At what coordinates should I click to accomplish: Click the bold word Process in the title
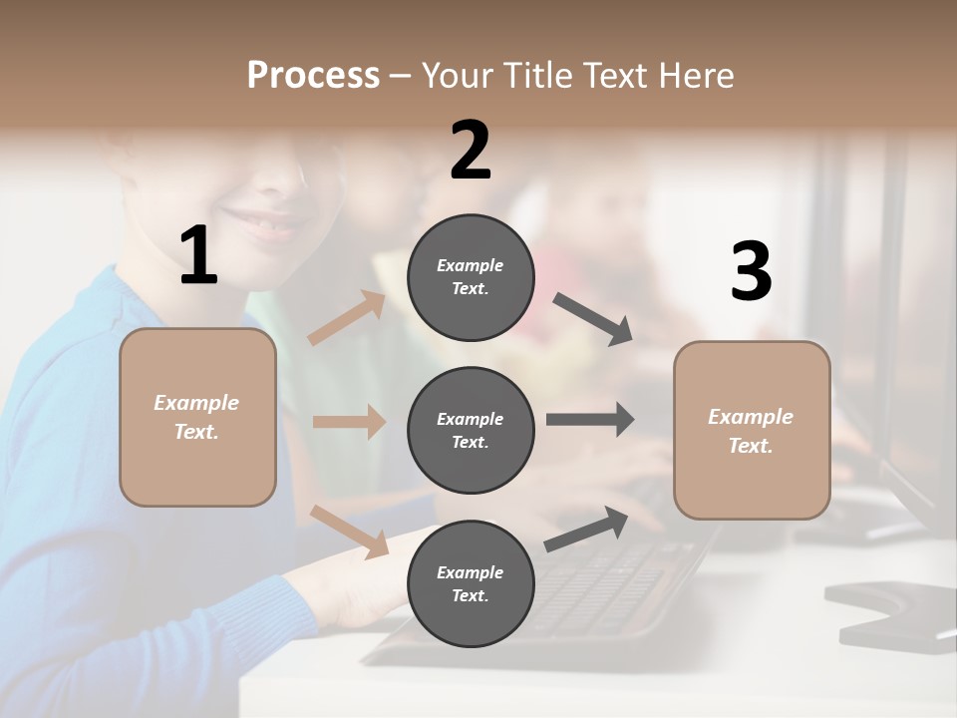pos(313,75)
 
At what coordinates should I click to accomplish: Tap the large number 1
pos(198,256)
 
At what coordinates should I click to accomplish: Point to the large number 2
pos(471,151)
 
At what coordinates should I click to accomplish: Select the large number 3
pos(751,272)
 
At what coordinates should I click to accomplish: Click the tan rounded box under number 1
pos(197,417)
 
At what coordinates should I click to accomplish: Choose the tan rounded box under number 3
pos(752,430)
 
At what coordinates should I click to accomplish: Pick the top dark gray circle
pos(471,277)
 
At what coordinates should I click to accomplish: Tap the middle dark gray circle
pos(471,430)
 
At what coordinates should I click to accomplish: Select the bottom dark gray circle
pos(471,583)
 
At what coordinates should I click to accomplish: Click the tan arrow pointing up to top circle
pos(347,318)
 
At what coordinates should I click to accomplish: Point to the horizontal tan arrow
pos(349,422)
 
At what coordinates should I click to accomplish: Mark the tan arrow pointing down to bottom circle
pos(349,530)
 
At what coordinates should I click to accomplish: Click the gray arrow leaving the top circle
pos(593,319)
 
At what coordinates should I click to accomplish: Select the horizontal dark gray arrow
pos(589,420)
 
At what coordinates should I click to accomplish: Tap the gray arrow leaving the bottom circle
pos(586,530)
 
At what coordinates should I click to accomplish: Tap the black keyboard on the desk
pos(598,588)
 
